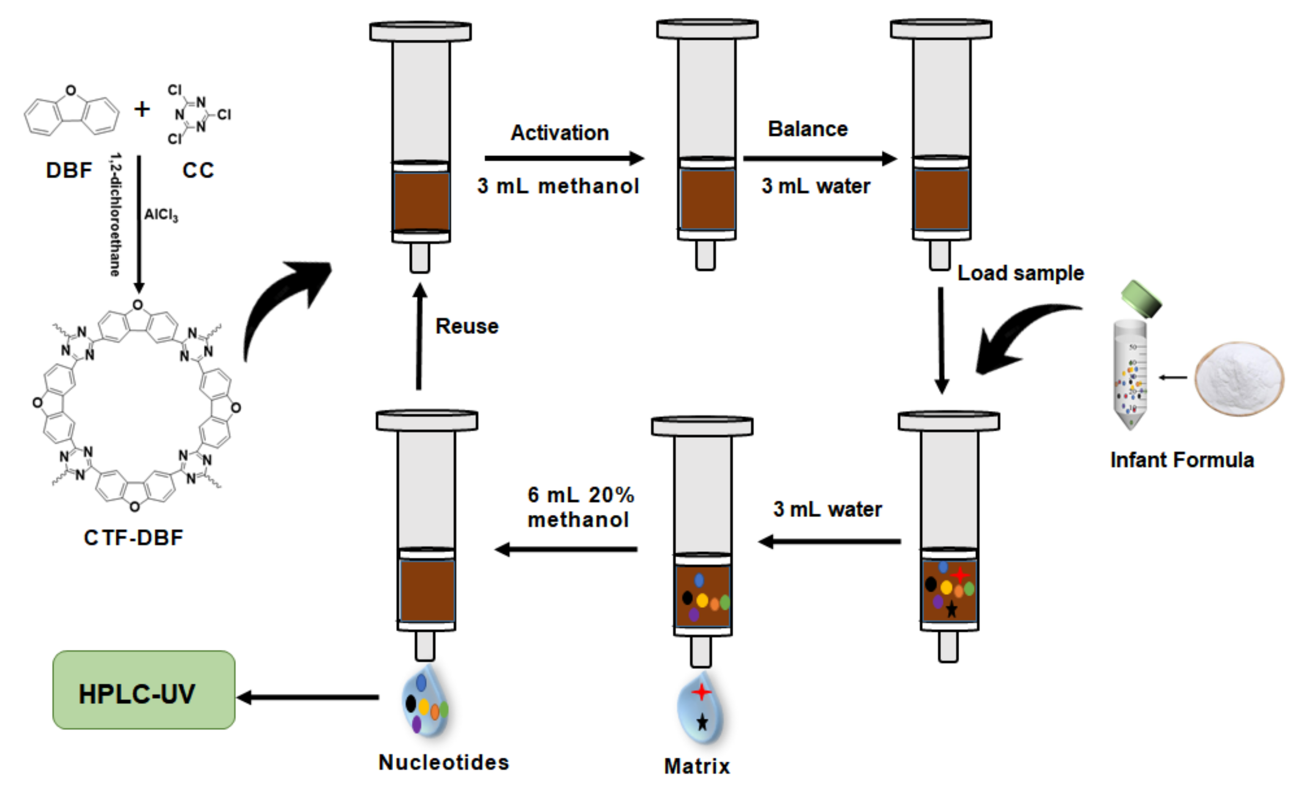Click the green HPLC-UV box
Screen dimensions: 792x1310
(143, 690)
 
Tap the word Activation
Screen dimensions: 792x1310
(559, 133)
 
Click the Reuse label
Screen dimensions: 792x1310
(466, 326)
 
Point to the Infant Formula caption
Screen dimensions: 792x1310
(1181, 460)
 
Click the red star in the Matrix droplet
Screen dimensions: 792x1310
(701, 692)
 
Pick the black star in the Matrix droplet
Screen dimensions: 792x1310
(702, 722)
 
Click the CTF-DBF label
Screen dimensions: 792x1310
(133, 537)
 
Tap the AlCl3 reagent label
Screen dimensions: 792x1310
(160, 215)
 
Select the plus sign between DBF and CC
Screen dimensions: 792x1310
(142, 109)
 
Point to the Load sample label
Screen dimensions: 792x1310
(1020, 273)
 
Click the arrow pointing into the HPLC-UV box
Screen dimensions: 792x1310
(308, 697)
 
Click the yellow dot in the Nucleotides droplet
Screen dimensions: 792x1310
(424, 707)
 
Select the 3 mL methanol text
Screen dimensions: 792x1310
(557, 186)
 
